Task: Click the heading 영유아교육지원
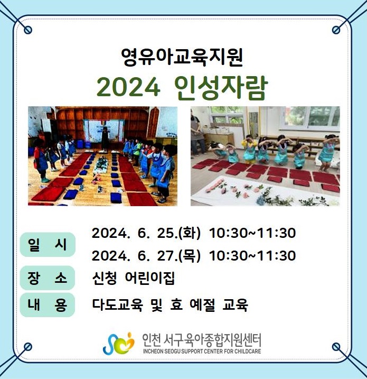[182, 57]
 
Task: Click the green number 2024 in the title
[128, 88]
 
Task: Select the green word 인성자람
[221, 88]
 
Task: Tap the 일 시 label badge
[48, 244]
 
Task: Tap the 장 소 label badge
[48, 278]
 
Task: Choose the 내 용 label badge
[48, 305]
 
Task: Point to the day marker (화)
[190, 233]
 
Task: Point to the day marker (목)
[190, 255]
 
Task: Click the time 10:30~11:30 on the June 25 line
[252, 233]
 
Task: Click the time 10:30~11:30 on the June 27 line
[252, 255]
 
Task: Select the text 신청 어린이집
[133, 278]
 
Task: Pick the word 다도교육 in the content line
[118, 305]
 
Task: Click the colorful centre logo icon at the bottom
[119, 344]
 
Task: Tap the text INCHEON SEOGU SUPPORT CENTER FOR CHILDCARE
[202, 351]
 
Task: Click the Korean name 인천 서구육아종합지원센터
[202, 340]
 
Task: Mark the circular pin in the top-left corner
[28, 30]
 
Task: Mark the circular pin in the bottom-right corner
[336, 347]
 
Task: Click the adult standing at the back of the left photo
[105, 138]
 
